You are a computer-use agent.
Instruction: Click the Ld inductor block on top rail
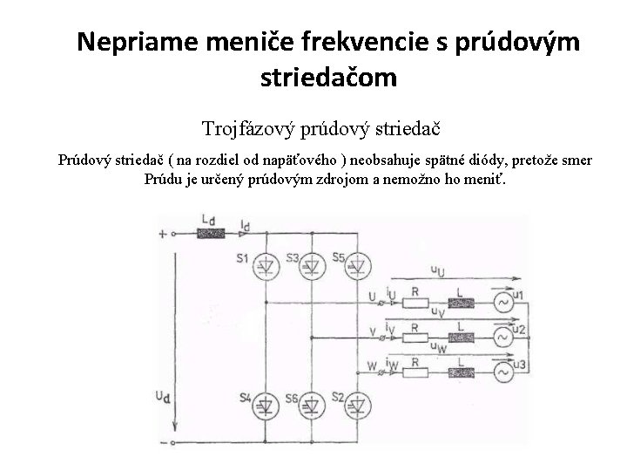click(207, 234)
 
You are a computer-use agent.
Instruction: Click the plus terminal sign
click(161, 234)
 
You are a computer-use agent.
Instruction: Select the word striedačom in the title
click(328, 78)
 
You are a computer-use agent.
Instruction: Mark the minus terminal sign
click(161, 444)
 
